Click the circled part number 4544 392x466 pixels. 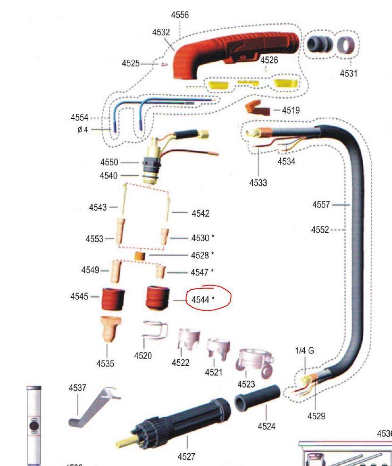coord(201,299)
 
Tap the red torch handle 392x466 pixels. coord(236,52)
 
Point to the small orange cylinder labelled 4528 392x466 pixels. coord(139,255)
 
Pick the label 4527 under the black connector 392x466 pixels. coord(186,456)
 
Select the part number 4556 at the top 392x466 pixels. coord(180,15)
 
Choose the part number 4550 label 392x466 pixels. coord(109,162)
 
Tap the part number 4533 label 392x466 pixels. coord(259,182)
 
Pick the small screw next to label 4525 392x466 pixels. coord(164,65)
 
